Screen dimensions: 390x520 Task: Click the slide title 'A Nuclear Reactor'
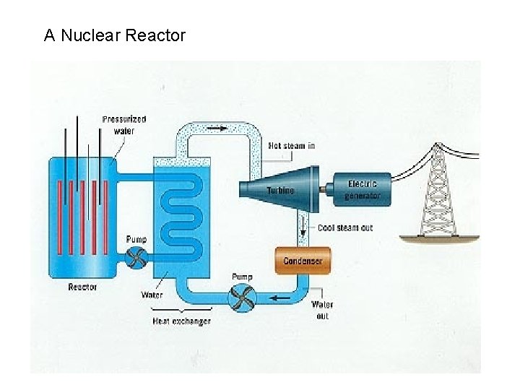tap(115, 35)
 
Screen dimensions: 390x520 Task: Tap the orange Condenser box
tap(303, 261)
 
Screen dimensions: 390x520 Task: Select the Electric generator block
tap(361, 189)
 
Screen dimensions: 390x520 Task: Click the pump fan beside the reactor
tap(136, 256)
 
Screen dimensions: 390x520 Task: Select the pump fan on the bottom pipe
tap(244, 296)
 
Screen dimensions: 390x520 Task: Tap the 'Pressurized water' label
tap(124, 125)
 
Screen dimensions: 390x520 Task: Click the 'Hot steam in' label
tap(292, 146)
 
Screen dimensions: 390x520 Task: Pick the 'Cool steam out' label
tap(345, 228)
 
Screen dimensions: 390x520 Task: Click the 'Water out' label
tap(322, 311)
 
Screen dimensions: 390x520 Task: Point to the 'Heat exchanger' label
tap(181, 321)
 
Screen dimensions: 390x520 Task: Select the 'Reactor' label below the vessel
tap(82, 287)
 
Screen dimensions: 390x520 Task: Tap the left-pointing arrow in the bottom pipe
tap(281, 296)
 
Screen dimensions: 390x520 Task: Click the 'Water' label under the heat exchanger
tap(152, 295)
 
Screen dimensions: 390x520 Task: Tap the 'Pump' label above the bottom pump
tap(242, 277)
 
